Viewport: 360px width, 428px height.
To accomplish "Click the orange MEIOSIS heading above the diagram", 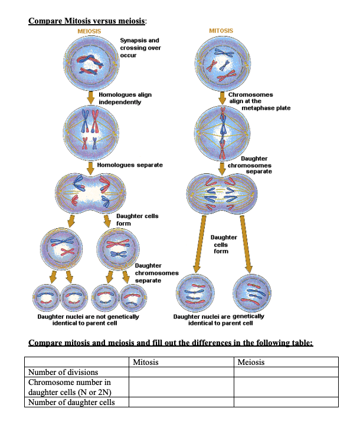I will coord(89,31).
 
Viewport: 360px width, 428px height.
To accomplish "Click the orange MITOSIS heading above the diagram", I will coord(221,30).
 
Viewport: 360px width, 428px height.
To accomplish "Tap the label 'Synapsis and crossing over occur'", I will coord(140,48).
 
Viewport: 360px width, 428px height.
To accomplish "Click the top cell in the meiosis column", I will coord(90,63).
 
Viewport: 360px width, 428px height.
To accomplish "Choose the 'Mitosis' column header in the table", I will coord(146,362).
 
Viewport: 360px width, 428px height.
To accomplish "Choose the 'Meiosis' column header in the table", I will coord(251,362).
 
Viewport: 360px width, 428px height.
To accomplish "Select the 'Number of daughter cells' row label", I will coord(71,402).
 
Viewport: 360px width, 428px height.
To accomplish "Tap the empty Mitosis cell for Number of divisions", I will coord(181,372).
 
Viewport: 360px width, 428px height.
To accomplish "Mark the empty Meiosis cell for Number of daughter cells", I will coord(286,402).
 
